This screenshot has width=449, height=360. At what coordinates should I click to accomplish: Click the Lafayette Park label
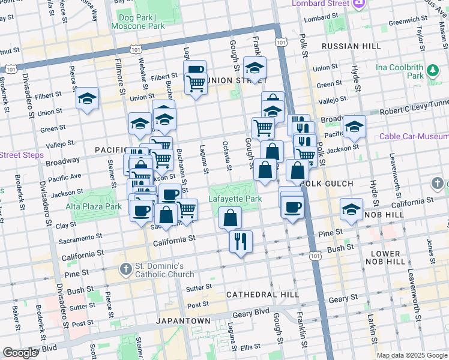235,198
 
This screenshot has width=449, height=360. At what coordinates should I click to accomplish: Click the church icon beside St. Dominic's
125,268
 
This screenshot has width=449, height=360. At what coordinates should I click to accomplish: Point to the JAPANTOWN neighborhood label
182,321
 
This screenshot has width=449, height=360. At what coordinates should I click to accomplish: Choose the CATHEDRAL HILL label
262,295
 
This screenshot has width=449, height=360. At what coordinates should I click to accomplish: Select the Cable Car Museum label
414,137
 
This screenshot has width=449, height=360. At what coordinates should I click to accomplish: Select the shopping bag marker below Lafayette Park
231,218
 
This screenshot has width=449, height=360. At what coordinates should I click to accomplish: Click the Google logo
20,353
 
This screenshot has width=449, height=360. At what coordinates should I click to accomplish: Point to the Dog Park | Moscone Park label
137,22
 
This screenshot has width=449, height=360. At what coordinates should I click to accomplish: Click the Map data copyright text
411,355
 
